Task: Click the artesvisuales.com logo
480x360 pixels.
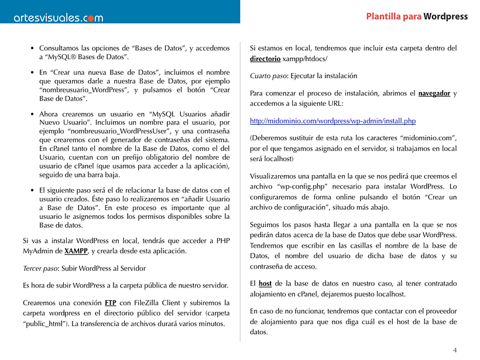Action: coord(59,18)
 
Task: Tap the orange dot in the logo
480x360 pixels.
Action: coord(86,19)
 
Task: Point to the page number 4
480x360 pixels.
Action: coord(455,350)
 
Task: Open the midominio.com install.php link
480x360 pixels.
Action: coord(332,121)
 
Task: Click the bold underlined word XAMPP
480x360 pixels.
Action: coord(76,251)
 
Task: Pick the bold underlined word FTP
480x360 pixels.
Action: coord(110,303)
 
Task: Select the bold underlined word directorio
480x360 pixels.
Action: coord(265,59)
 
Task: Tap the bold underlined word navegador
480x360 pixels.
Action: coord(434,94)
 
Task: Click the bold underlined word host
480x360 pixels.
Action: coord(265,283)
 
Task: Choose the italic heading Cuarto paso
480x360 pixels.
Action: coord(270,76)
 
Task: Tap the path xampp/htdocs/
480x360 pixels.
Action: coord(304,59)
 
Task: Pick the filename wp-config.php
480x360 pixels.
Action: coord(298,186)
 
